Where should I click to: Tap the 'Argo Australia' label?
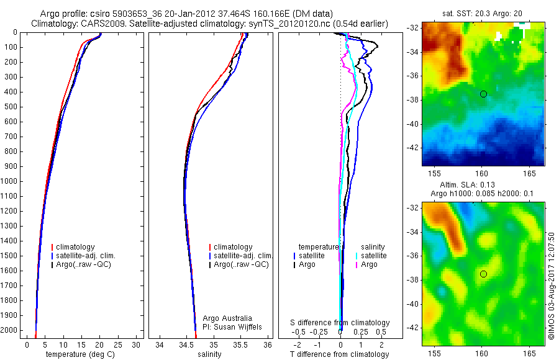pyautogui.click(x=227, y=318)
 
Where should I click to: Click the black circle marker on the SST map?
pyautogui.click(x=483, y=94)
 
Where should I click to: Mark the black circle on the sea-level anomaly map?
pyautogui.click(x=483, y=274)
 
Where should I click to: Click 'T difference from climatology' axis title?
pyautogui.click(x=339, y=354)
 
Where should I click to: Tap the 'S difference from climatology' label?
pyautogui.click(x=340, y=323)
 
